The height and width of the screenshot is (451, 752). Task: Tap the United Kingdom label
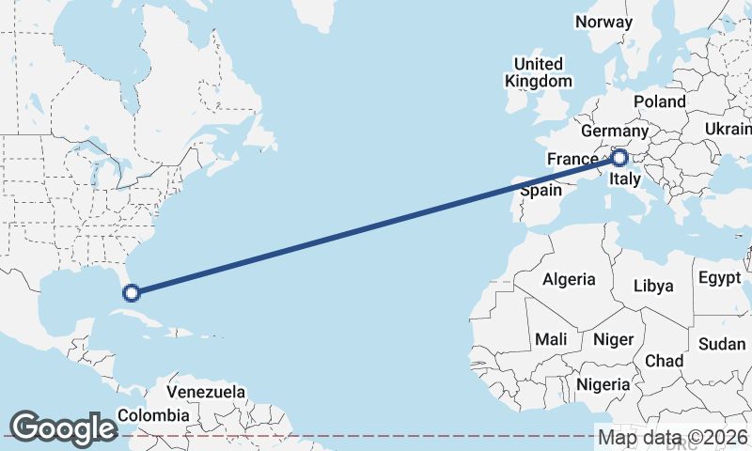click(538, 72)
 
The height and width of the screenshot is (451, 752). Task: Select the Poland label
click(659, 101)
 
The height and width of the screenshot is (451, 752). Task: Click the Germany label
click(615, 131)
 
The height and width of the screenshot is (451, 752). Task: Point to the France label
click(573, 159)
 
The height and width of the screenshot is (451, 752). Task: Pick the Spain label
click(540, 190)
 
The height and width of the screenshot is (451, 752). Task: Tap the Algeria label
click(569, 279)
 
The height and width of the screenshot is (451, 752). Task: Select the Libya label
click(653, 286)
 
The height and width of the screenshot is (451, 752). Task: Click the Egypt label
click(719, 279)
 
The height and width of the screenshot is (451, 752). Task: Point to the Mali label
click(550, 338)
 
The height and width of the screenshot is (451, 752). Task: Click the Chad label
click(664, 361)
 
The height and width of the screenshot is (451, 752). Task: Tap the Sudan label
click(722, 344)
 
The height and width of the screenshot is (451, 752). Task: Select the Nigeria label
click(603, 384)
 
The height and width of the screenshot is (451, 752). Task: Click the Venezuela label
click(206, 392)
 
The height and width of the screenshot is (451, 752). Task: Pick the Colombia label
click(153, 415)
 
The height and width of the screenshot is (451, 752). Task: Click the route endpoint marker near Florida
click(133, 292)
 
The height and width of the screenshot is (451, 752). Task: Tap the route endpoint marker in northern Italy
click(619, 158)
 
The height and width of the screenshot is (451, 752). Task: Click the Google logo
click(62, 428)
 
